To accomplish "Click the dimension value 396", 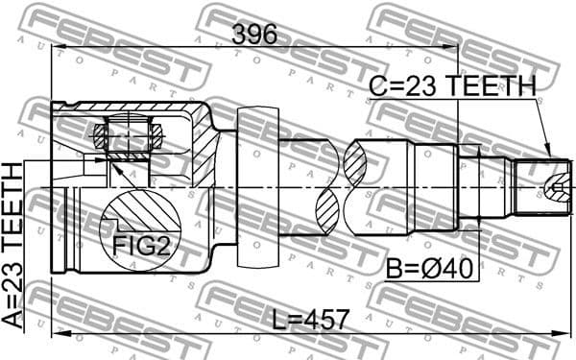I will (x=254, y=35).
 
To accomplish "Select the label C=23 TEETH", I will (x=452, y=86).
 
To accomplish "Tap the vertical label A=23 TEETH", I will (x=12, y=246).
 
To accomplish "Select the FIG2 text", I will (x=142, y=246).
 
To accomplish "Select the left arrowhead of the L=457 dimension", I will (x=56, y=335).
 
